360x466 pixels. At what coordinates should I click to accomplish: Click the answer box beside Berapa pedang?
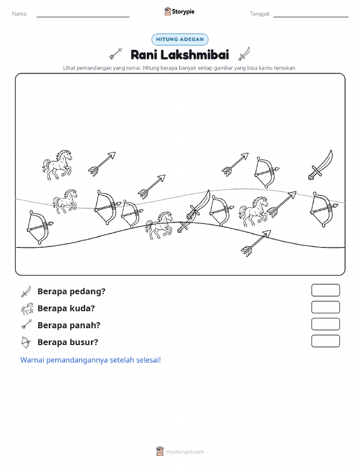coord(325,290)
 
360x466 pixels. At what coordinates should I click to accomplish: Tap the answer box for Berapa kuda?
coord(325,307)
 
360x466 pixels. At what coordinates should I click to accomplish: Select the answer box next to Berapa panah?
coord(325,324)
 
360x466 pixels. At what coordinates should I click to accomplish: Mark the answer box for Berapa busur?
coord(325,341)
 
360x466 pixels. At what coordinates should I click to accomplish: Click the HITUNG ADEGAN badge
coord(180,39)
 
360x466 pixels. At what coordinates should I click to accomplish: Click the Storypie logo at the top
coord(179,12)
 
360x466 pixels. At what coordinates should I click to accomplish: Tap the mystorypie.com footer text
coord(185,452)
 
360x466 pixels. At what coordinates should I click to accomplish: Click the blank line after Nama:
coord(83,17)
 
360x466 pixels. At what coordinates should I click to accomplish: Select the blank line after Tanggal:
coord(311,17)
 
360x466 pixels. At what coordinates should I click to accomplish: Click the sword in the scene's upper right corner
coord(320,165)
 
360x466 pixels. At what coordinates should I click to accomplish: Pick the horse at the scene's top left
coord(57,165)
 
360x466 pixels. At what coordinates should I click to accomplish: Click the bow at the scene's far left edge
coord(39,227)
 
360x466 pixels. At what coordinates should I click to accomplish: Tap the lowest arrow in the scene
coord(256,243)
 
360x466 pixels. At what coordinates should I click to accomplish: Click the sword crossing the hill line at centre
coord(193,211)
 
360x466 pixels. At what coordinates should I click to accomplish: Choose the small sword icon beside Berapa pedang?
coord(26,291)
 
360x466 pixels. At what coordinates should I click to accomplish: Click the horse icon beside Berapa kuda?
coord(27,308)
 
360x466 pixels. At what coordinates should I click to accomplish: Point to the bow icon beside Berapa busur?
coord(25,343)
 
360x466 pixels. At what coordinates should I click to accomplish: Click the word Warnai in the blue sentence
coord(32,360)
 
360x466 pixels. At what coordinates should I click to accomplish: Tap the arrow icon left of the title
coord(116,53)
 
